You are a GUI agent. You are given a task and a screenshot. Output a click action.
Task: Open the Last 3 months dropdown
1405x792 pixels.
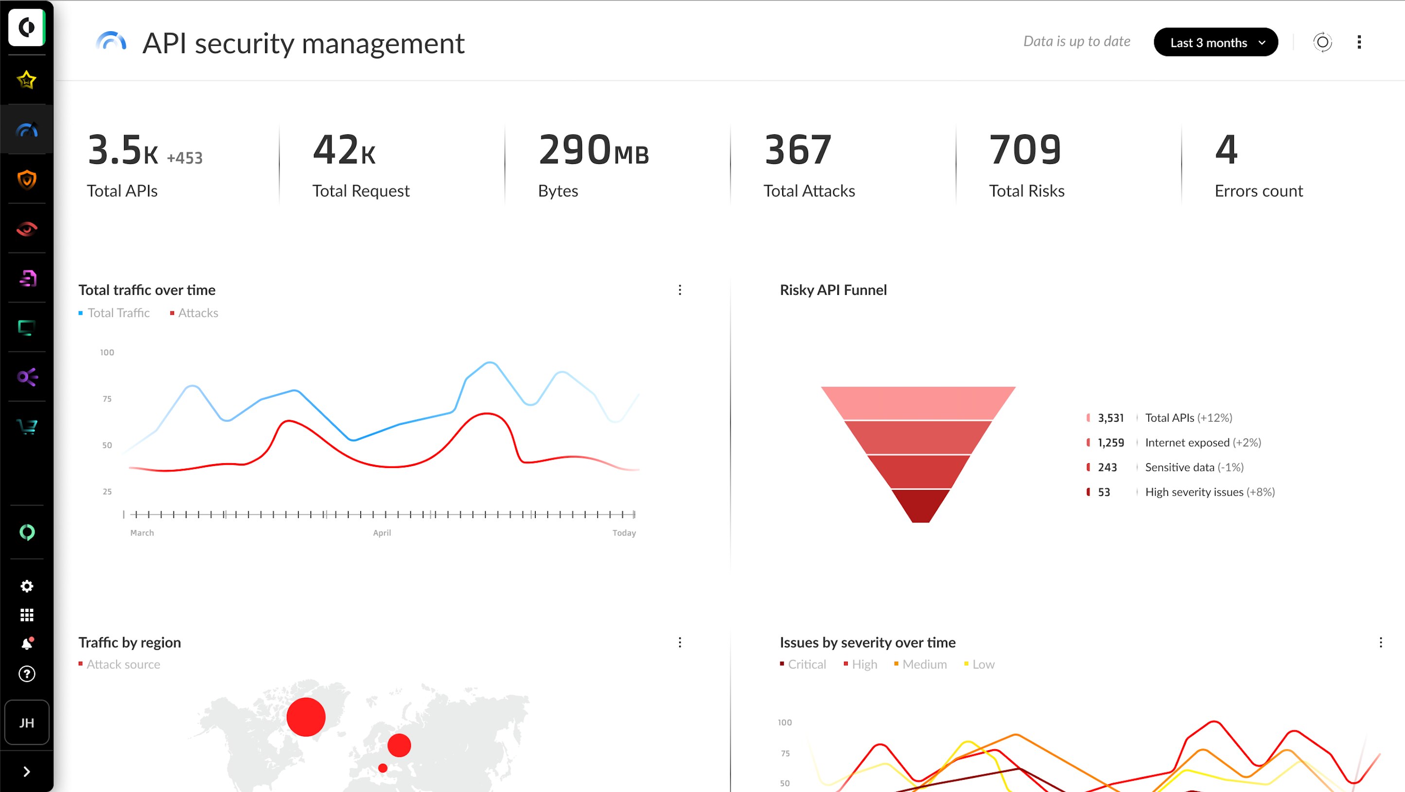tap(1215, 43)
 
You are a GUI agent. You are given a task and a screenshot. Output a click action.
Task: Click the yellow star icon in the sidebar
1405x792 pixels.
tap(27, 80)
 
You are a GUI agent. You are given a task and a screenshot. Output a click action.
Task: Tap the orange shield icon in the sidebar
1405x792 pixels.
tap(27, 179)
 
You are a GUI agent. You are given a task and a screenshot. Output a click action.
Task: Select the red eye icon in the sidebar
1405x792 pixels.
tap(27, 229)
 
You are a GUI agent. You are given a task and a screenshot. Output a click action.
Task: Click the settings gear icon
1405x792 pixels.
tap(27, 586)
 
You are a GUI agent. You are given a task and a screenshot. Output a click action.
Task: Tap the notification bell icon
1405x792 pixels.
tap(27, 644)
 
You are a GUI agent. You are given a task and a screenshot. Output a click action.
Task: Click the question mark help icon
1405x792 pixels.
tap(27, 674)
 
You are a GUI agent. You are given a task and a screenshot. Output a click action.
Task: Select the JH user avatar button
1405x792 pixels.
tap(27, 723)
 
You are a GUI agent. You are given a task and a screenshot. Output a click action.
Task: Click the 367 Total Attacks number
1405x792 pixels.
tap(798, 150)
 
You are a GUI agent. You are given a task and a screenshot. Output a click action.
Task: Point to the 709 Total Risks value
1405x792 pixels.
tap(1025, 150)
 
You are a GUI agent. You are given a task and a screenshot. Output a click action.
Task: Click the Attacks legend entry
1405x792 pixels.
tap(197, 313)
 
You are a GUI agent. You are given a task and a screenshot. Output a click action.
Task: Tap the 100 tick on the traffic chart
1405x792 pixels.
tap(107, 353)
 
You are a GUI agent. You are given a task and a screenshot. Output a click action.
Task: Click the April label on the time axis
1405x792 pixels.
tap(382, 533)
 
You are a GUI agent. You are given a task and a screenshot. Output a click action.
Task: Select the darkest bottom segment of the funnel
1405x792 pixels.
tap(921, 505)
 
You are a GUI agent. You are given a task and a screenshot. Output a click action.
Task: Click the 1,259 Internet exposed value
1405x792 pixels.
tap(1110, 443)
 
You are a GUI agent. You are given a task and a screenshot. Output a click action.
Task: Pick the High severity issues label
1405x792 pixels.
tap(1194, 492)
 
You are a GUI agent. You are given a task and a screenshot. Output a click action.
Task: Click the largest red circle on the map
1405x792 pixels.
tap(306, 717)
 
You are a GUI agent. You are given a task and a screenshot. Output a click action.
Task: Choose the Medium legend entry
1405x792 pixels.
tap(924, 664)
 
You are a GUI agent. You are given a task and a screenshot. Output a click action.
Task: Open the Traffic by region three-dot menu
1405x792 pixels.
tap(680, 643)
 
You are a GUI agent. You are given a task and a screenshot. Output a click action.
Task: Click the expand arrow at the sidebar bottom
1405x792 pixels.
tap(27, 771)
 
